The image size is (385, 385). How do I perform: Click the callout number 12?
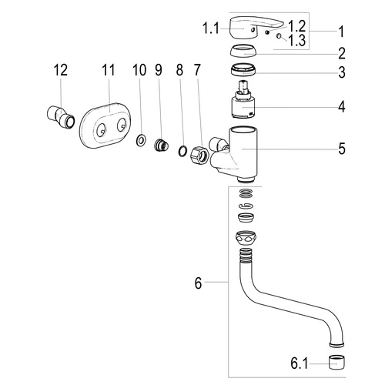pos(61,70)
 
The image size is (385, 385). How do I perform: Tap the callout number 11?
pos(108,70)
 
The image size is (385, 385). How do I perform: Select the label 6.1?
pos(299,363)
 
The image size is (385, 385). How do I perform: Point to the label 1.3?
pos(297,41)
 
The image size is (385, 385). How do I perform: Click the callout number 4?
pos(341,106)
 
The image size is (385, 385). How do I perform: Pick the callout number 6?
pos(198,283)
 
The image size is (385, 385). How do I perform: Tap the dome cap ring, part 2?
pos(243,51)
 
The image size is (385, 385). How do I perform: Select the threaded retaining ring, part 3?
pos(243,70)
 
